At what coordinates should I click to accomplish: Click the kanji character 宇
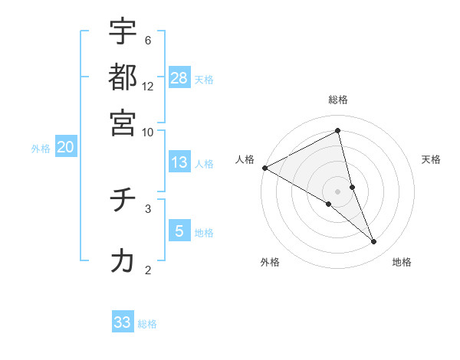[123, 31]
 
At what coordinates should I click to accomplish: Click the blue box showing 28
[179, 77]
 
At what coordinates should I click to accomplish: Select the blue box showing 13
[179, 162]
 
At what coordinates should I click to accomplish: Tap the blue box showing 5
[179, 231]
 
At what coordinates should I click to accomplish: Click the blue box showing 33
[123, 322]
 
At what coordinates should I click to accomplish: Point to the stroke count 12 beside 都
[148, 86]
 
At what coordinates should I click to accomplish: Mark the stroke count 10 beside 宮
[148, 131]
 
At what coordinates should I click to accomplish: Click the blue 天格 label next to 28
[204, 79]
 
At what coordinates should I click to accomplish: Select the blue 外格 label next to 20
[41, 149]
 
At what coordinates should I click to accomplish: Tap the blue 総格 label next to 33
[147, 324]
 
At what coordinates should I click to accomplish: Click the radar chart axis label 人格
[245, 159]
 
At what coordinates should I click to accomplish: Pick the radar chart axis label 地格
[402, 262]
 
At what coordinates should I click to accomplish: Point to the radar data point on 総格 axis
[338, 131]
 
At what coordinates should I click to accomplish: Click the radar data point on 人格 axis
[264, 168]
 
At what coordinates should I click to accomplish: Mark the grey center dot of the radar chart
[337, 191]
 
